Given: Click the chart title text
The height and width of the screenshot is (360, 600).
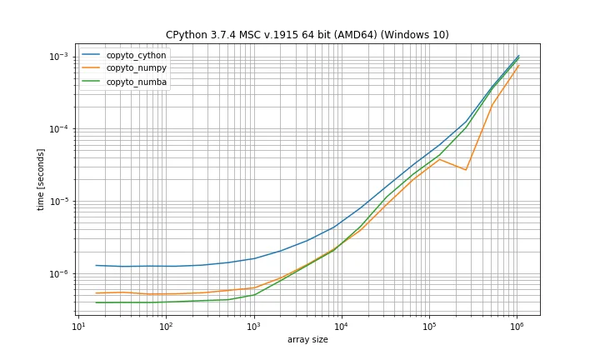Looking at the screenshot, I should (307, 35).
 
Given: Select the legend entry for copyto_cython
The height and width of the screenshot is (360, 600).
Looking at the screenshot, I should (136, 55).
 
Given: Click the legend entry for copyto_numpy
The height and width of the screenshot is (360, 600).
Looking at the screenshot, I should (136, 68).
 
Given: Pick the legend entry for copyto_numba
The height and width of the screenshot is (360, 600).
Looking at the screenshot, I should (136, 82).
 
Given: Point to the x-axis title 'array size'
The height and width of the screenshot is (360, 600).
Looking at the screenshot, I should (307, 340).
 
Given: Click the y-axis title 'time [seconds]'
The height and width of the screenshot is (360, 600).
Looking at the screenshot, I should (41, 179).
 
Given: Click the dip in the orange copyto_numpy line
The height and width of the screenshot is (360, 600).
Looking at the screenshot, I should (466, 170).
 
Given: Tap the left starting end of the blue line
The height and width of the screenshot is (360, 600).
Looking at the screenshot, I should (96, 265).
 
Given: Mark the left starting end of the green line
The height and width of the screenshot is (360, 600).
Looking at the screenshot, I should (96, 302).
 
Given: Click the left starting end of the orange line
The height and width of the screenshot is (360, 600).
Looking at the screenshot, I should (96, 293).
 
